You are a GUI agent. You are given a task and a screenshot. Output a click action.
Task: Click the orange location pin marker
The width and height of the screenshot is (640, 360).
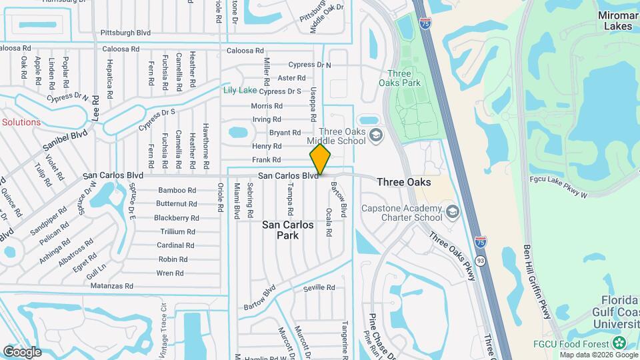[x=321, y=160]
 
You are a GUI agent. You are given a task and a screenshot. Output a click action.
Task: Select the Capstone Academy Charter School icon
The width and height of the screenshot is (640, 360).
[x=453, y=213]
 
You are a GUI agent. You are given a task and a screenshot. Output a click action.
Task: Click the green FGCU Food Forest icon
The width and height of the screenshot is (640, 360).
[x=619, y=343]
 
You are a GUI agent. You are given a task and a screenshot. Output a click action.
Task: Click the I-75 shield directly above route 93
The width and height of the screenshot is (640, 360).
[x=480, y=243]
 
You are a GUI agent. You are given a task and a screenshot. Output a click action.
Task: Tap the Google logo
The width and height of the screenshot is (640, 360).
[x=22, y=351]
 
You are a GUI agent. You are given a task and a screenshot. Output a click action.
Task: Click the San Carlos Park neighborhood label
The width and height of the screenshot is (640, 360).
[x=288, y=230]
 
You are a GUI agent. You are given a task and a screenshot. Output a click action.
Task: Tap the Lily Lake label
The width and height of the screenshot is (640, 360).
[x=240, y=90]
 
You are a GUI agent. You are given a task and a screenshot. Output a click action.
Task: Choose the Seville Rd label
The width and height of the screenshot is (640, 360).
[x=319, y=287]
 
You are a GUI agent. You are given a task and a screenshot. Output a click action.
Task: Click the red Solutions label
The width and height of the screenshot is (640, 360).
[x=21, y=122]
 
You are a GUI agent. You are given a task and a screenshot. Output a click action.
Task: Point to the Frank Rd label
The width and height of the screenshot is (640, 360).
[x=267, y=160]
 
